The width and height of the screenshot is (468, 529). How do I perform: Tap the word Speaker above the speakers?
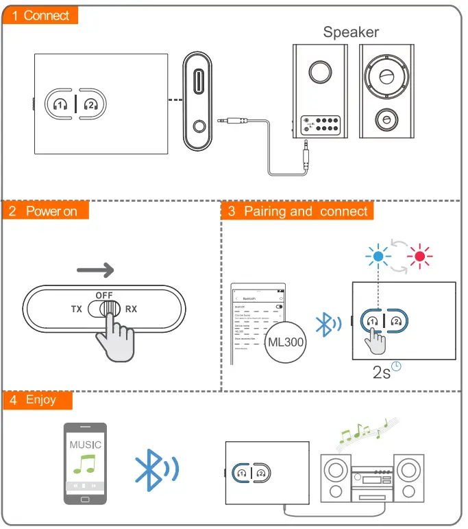pyautogui.click(x=351, y=32)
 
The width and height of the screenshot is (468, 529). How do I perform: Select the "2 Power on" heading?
pyautogui.click(x=45, y=211)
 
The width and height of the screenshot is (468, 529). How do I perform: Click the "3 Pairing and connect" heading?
pyautogui.click(x=298, y=211)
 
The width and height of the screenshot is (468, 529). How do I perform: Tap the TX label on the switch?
pyautogui.click(x=77, y=309)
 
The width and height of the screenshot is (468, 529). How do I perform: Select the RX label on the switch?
pyautogui.click(x=131, y=309)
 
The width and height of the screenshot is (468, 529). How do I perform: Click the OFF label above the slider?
pyautogui.click(x=104, y=294)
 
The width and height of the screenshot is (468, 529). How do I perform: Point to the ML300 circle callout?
pyautogui.click(x=284, y=341)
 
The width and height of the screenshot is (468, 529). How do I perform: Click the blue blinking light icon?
pyautogui.click(x=378, y=257)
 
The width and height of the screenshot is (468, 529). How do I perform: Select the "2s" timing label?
pyautogui.click(x=382, y=373)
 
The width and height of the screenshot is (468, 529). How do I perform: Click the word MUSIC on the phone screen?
pyautogui.click(x=85, y=445)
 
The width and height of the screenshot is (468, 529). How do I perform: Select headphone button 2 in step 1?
pyautogui.click(x=90, y=104)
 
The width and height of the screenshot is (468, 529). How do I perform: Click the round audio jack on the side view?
pyautogui.click(x=198, y=127)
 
